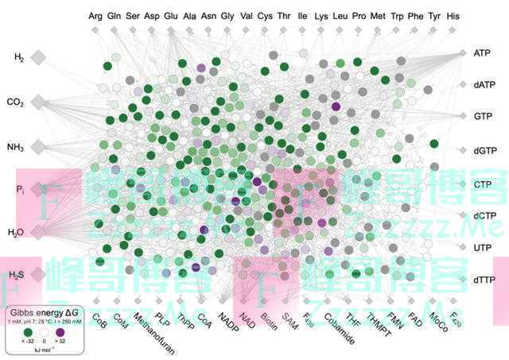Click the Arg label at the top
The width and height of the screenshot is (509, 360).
[x=95, y=15]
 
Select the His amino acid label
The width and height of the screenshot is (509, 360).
[x=453, y=15]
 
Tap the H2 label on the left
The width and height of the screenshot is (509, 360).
[x=19, y=57]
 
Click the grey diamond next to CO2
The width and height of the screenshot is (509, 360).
[x=37, y=102]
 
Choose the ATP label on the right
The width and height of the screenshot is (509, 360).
[x=482, y=53]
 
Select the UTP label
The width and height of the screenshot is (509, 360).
[x=482, y=248]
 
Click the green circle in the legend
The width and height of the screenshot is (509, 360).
[x=30, y=334]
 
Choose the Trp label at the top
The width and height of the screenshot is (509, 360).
[x=397, y=15]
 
